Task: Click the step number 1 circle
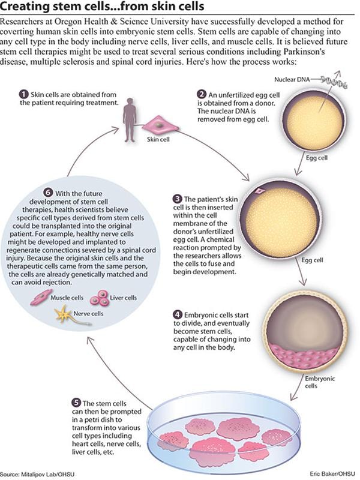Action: pyautogui.click(x=23, y=94)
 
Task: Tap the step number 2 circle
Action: pyautogui.click(x=202, y=94)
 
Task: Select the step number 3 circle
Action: pyautogui.click(x=178, y=199)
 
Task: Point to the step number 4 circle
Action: pyautogui.click(x=178, y=314)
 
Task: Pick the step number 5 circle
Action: pyautogui.click(x=76, y=403)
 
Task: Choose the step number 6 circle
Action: pyautogui.click(x=49, y=193)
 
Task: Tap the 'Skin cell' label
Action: pyautogui.click(x=158, y=140)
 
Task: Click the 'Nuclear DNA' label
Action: pyautogui.click(x=292, y=80)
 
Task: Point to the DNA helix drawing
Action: pyautogui.click(x=334, y=83)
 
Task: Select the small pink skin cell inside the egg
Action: pyautogui.click(x=260, y=191)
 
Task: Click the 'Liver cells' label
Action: pyautogui.click(x=124, y=298)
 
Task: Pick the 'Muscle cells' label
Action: pyautogui.click(x=67, y=298)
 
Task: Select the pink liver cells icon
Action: pyautogui.click(x=100, y=298)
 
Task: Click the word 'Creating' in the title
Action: pyautogui.click(x=23, y=6)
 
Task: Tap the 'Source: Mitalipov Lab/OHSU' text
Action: pyautogui.click(x=37, y=474)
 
